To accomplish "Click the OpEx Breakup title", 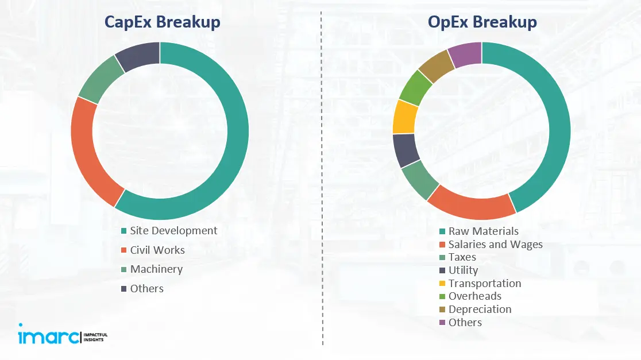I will (x=482, y=22).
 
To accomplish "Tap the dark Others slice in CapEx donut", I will (x=138, y=56).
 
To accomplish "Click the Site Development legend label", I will (x=173, y=231).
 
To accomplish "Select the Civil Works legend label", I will (x=157, y=250).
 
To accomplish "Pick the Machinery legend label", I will (x=156, y=269).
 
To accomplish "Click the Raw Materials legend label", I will (x=484, y=231).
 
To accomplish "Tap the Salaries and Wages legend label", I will (x=495, y=245).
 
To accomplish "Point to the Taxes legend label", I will (x=462, y=257).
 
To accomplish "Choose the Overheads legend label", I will (x=474, y=296).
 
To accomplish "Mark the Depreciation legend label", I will (x=480, y=309).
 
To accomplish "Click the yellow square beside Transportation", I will (x=442, y=284).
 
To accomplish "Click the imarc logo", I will (x=49, y=336).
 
